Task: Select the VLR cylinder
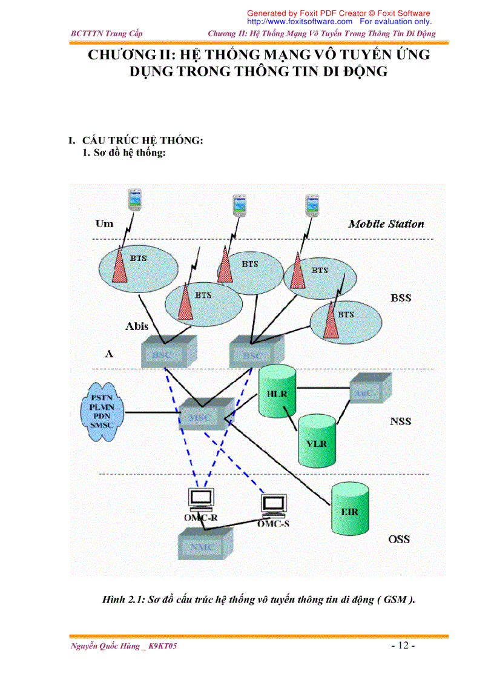[x=316, y=442]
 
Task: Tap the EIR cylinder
[x=349, y=510]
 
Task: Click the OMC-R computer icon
[x=200, y=499]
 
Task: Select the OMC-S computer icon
[x=274, y=504]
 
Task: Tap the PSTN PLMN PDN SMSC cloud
[x=102, y=411]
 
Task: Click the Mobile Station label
[x=386, y=224]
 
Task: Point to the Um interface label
[x=104, y=224]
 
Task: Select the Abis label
[x=137, y=326]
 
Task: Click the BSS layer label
[x=400, y=298]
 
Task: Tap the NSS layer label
[x=400, y=421]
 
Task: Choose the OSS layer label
[x=399, y=539]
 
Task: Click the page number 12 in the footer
[x=402, y=645]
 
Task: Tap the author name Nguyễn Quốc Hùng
[x=105, y=646]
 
